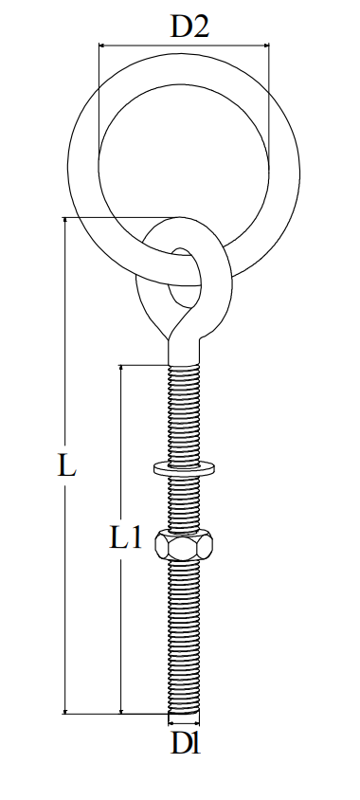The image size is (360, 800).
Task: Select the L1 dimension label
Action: click(125, 539)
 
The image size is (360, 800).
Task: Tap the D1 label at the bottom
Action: click(185, 745)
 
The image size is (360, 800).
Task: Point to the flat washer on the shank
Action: click(185, 466)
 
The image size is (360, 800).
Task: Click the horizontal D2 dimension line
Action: click(184, 44)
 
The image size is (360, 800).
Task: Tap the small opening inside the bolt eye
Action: click(185, 275)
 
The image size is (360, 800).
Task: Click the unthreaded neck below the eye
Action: click(185, 353)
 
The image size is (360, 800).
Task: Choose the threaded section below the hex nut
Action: click(185, 635)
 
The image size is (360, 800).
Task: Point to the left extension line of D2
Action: click(99, 95)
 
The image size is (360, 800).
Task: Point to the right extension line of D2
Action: click(269, 95)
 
